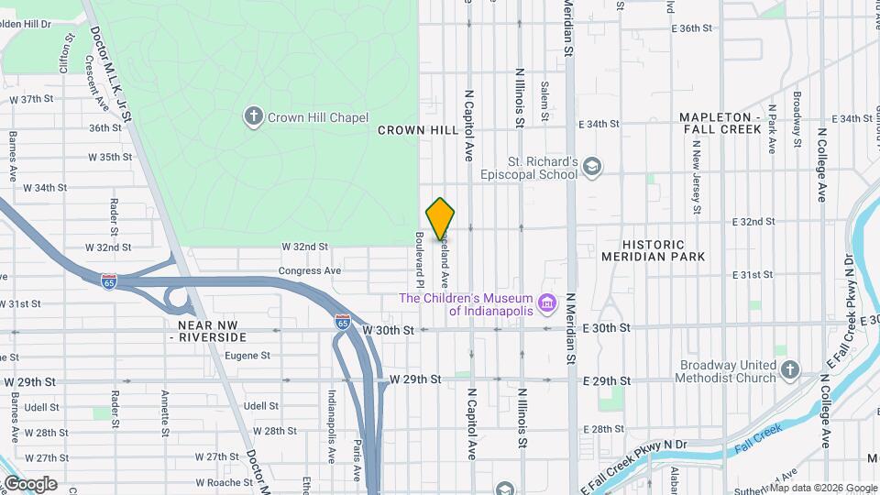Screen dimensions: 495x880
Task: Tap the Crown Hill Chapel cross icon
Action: click(x=253, y=116)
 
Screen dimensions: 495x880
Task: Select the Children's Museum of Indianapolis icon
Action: click(x=547, y=302)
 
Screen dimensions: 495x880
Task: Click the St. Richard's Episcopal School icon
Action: click(x=592, y=166)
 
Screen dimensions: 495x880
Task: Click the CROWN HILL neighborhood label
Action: click(x=418, y=130)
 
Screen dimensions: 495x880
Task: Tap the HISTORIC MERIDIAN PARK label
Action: click(x=654, y=250)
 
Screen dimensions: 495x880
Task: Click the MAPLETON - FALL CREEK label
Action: click(x=720, y=124)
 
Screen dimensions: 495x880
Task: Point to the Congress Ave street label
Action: click(x=310, y=271)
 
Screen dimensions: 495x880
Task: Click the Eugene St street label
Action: click(x=247, y=356)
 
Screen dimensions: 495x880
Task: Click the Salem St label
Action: click(x=544, y=102)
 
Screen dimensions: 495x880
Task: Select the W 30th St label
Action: click(x=389, y=329)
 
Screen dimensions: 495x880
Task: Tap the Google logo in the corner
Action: click(x=29, y=483)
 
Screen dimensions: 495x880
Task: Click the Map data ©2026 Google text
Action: click(x=822, y=488)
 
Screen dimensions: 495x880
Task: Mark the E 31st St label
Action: click(x=754, y=275)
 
